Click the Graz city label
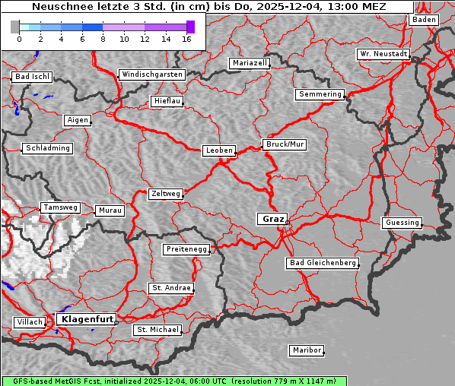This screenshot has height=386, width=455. [x=273, y=219]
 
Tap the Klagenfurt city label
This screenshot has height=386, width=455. [x=87, y=319]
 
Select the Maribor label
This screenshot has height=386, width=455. [x=307, y=350]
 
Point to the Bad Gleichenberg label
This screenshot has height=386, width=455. [x=323, y=263]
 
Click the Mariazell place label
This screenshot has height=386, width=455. [x=250, y=63]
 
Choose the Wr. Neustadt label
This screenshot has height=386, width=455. [x=383, y=55]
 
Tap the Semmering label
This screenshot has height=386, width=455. [x=320, y=94]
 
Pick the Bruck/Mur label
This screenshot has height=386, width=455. [x=285, y=144]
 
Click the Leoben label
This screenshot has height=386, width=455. [x=219, y=150]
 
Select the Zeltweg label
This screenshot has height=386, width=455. [x=165, y=194]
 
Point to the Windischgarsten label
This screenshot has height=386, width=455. [x=152, y=74]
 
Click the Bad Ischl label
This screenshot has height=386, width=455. [x=32, y=77]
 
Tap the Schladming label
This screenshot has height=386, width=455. [x=48, y=148]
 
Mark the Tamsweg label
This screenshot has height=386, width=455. [x=59, y=207]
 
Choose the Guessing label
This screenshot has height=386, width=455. [x=402, y=223]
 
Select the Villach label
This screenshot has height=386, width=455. [x=29, y=322]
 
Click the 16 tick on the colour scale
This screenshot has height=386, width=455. [x=186, y=38]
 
